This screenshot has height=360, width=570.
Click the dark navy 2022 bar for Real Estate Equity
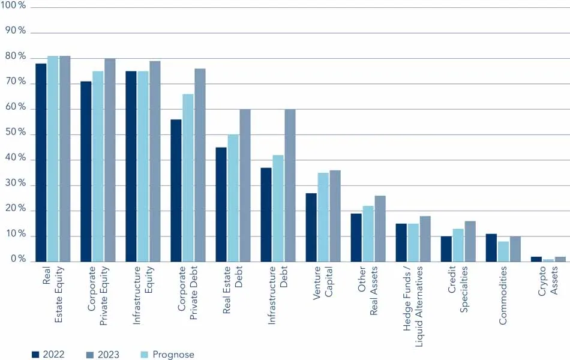click(41, 162)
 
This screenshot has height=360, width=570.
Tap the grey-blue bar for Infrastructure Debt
click(290, 185)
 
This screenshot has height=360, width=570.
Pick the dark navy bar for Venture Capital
click(311, 227)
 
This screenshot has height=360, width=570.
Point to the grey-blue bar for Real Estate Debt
click(245, 185)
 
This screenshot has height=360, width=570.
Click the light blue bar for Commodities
click(503, 251)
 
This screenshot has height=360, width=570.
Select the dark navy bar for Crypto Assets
click(536, 259)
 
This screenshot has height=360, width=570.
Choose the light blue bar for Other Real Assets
click(368, 233)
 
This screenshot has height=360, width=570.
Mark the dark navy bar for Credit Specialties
click(446, 249)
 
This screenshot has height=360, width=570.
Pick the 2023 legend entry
click(102, 355)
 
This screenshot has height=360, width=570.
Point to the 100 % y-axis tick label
click(14, 5)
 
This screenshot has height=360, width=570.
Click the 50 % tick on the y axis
click(16, 133)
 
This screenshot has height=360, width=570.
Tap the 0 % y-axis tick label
click(18, 260)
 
